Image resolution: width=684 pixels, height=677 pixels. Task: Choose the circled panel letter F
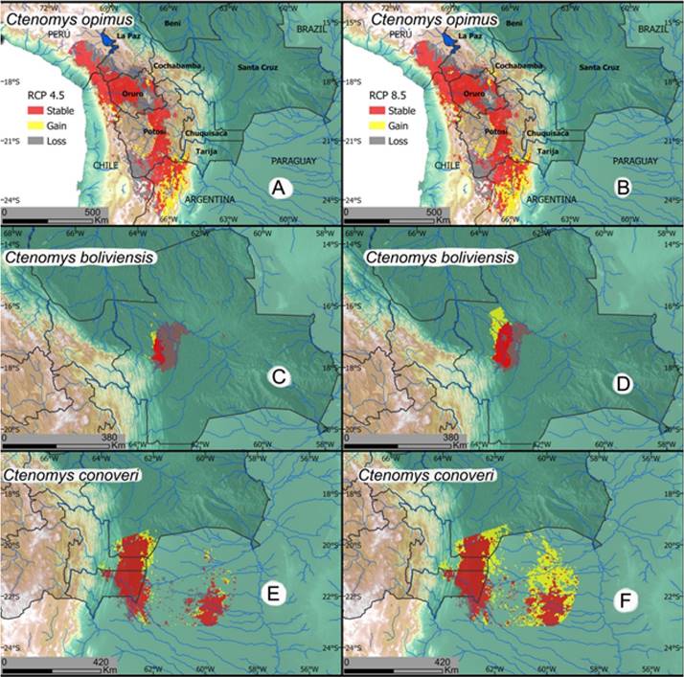click(x=624, y=603)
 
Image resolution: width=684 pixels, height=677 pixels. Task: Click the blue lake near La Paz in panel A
click(x=97, y=40)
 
